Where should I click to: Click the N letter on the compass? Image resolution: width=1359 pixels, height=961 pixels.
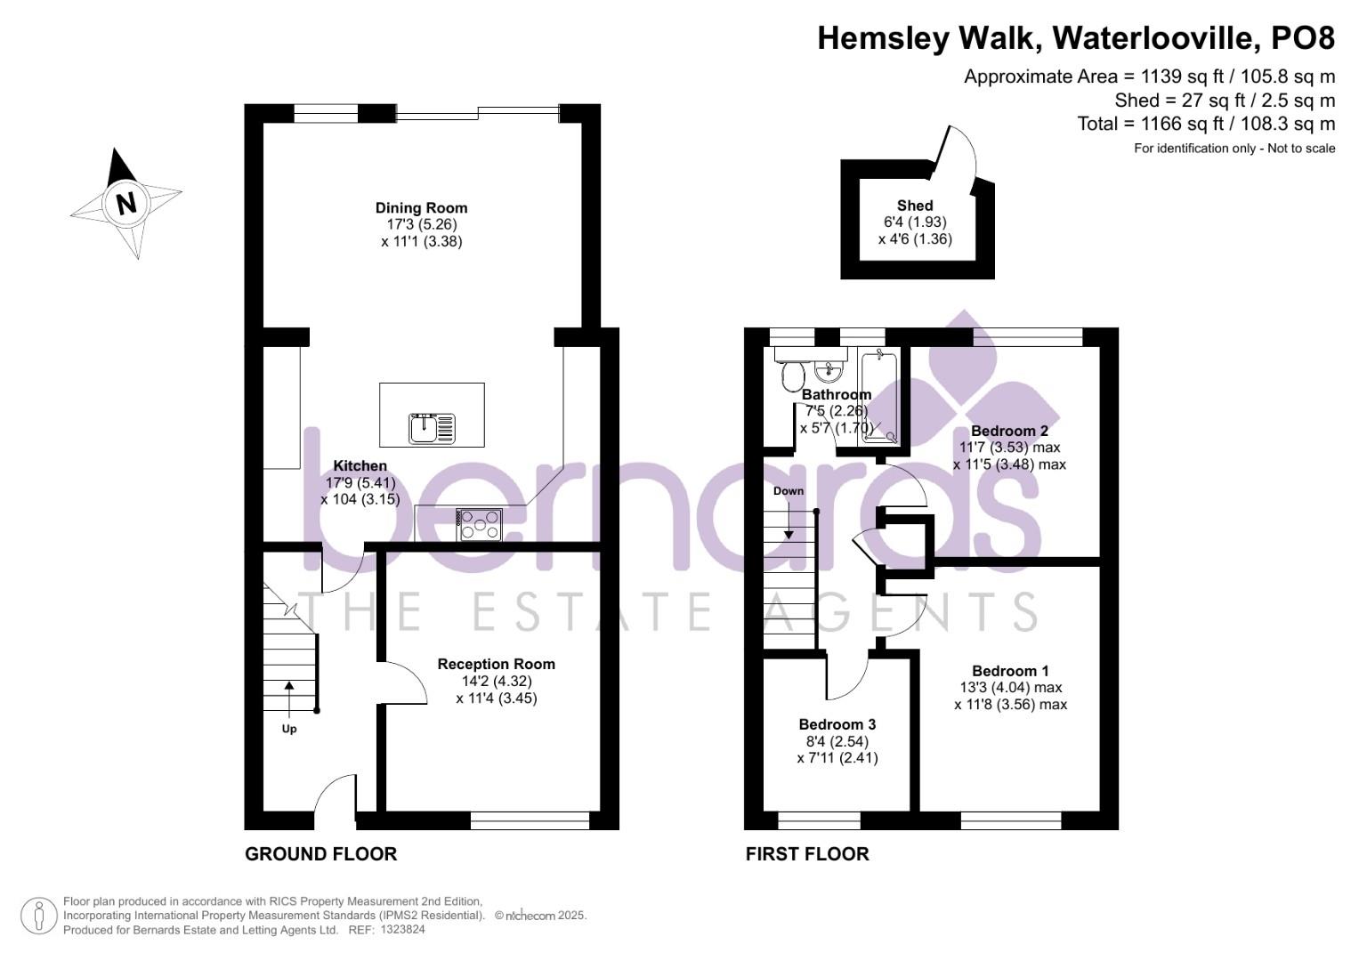click(126, 203)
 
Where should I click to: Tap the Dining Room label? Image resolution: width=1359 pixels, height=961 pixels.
click(422, 207)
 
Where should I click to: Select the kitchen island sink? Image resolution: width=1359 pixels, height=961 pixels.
click(432, 428)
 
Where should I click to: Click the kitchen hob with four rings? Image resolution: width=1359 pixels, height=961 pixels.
click(480, 525)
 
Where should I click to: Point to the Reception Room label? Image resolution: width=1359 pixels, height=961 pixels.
click(497, 664)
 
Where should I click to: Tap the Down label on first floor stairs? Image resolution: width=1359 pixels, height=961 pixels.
click(789, 491)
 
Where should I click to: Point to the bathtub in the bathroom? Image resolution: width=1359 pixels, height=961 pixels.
click(879, 395)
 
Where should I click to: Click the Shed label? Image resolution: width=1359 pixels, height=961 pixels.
click(915, 205)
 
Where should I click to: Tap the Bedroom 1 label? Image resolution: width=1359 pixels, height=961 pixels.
click(1010, 670)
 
